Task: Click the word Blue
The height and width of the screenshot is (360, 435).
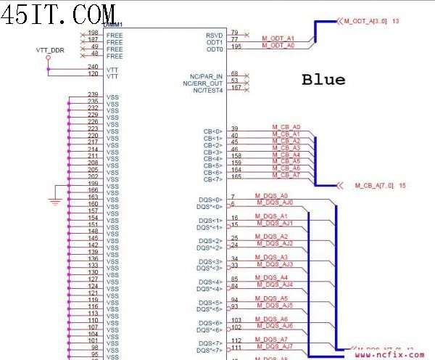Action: (x=323, y=79)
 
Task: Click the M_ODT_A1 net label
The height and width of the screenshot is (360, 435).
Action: (x=278, y=38)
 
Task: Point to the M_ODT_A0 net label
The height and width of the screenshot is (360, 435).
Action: (x=278, y=45)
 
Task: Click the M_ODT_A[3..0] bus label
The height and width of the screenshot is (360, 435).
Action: (x=366, y=22)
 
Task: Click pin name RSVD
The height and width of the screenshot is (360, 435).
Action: (x=215, y=35)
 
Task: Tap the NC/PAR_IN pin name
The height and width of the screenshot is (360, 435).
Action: (x=207, y=75)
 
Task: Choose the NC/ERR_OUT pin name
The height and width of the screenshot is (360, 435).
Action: (x=203, y=83)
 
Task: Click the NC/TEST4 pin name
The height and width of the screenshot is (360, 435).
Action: (x=208, y=90)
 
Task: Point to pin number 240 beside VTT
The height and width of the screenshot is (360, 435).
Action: (x=93, y=67)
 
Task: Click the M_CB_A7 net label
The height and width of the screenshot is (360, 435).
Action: (x=286, y=175)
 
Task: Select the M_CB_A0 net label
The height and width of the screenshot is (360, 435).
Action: (x=286, y=127)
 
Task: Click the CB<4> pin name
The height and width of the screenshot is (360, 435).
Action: (x=213, y=158)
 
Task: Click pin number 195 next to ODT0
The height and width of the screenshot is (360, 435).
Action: (x=236, y=47)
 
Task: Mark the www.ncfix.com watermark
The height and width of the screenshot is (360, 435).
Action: (x=394, y=353)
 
